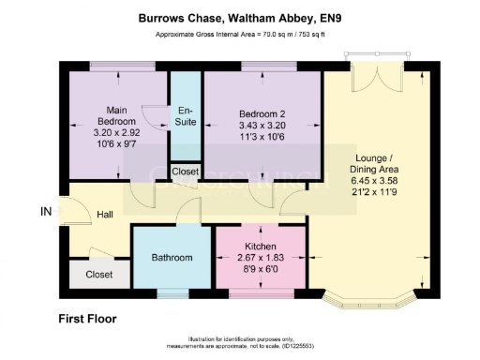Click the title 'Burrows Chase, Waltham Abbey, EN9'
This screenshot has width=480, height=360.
click(240, 17)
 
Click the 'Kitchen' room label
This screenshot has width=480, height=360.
click(260, 246)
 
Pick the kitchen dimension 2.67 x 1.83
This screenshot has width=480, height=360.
click(260, 258)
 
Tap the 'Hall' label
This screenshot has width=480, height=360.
click(106, 215)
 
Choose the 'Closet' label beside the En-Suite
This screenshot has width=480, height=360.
click(186, 172)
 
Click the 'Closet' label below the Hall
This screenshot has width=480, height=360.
click(98, 275)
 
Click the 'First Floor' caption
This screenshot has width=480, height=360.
click(87, 319)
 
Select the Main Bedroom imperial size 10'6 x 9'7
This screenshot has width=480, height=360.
click(115, 146)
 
